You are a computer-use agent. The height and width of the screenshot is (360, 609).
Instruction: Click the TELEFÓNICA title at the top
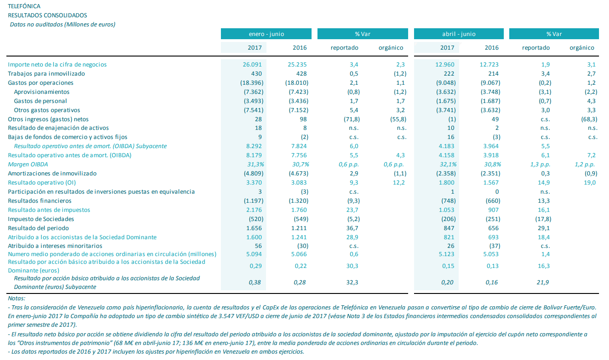[24, 6]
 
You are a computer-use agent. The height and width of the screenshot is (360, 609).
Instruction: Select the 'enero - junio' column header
[266, 34]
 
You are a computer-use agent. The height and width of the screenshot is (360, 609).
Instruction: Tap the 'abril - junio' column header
[459, 34]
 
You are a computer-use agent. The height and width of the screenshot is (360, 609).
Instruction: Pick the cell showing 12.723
[489, 65]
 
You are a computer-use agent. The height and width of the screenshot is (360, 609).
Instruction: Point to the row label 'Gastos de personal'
[41, 101]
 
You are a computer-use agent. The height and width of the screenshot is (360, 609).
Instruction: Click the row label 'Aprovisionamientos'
[41, 92]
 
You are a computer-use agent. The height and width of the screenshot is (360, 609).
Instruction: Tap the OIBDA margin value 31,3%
[253, 165]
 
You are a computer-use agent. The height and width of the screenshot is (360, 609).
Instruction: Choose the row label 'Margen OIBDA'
[28, 165]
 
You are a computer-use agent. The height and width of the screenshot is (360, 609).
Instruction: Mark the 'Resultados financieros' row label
[40, 201]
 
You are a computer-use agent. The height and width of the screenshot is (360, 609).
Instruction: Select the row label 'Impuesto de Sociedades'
[41, 219]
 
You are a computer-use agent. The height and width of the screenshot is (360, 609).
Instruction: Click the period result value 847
[448, 228]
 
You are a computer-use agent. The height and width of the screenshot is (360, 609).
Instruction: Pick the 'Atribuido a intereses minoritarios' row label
[55, 246]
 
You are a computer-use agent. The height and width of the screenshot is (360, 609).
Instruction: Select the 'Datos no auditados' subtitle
[62, 24]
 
